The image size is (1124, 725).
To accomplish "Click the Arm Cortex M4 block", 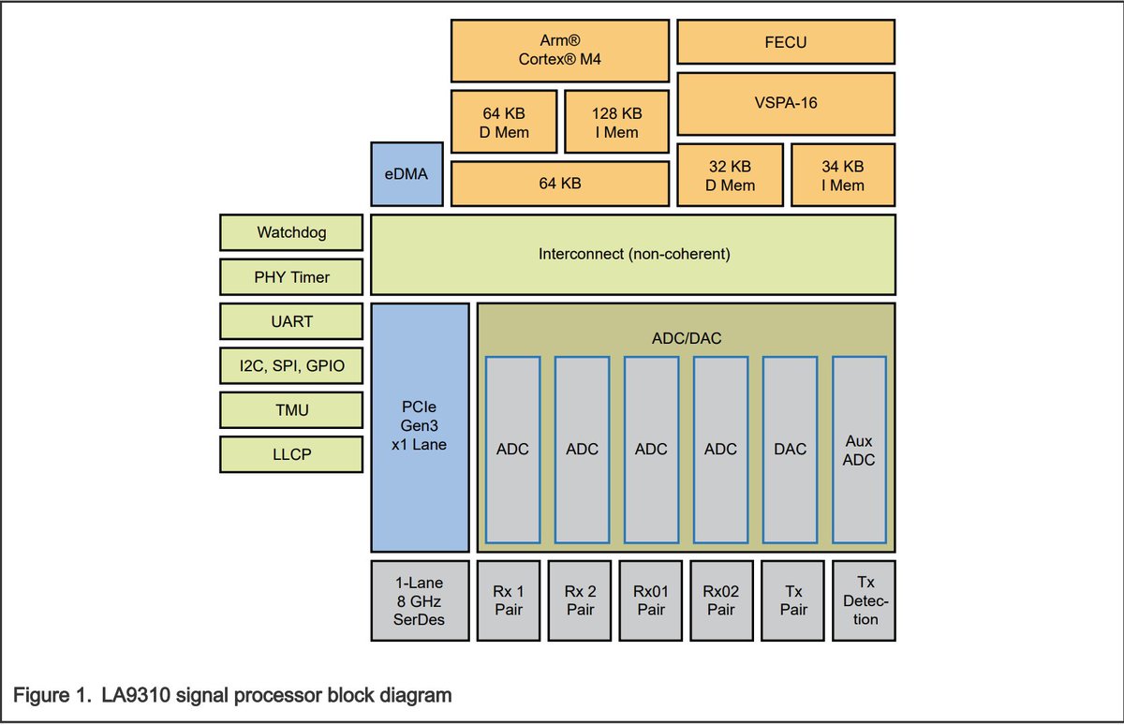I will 559,51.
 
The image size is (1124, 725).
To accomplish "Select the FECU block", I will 785,42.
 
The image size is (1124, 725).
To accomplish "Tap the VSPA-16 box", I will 785,103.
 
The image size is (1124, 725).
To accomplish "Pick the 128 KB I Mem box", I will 616,122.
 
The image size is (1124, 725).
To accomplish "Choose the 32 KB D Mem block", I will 730,175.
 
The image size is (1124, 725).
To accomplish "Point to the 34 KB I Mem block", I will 842,175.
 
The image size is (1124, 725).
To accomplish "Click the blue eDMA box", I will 406,174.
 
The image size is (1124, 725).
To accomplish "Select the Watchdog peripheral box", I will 291,232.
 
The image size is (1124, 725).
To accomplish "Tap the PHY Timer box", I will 291,277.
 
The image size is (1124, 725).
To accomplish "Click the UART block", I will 291,321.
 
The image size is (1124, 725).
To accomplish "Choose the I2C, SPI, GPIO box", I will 291,365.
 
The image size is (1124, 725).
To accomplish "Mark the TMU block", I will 291,410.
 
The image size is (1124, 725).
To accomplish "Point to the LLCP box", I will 291,454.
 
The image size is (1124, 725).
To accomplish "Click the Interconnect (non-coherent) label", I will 633,254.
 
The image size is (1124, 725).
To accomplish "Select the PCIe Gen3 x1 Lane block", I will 421,427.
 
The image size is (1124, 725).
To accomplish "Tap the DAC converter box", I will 791,450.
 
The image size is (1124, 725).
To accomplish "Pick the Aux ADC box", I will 860,450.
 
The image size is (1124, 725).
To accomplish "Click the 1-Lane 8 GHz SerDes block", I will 421,600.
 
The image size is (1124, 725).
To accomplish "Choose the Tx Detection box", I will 864,600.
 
